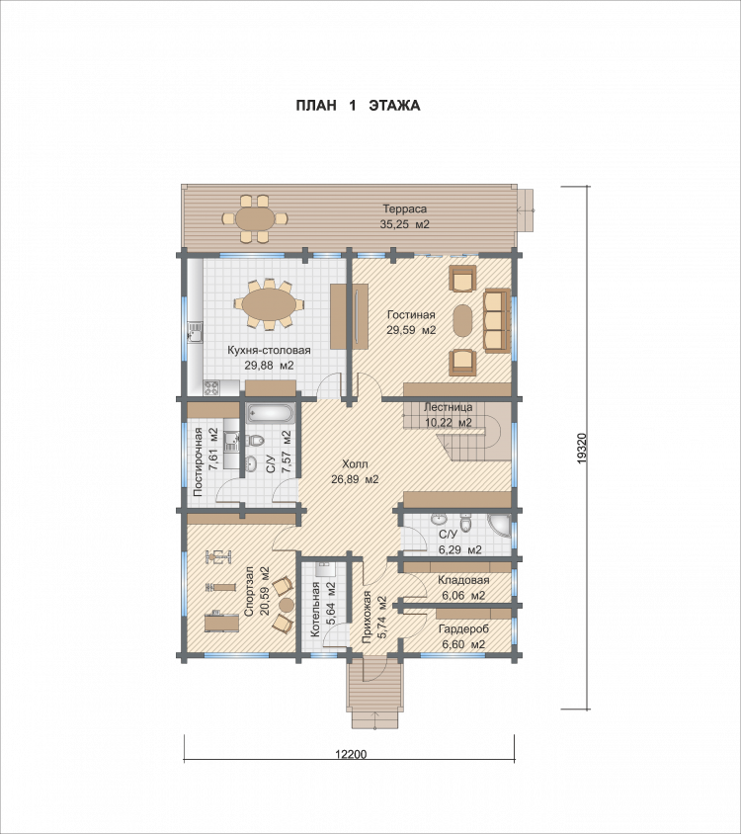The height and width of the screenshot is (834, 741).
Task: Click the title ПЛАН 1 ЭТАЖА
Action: [x=358, y=106]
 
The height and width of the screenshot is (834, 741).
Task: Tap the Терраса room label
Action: [x=405, y=209]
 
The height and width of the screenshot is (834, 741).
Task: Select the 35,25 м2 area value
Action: [x=404, y=224]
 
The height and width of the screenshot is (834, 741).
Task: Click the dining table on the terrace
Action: [x=255, y=218]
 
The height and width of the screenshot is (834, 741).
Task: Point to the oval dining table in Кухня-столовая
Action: [x=269, y=303]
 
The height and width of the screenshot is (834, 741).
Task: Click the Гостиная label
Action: [x=411, y=315]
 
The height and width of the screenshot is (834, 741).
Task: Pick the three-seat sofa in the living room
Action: [x=497, y=321]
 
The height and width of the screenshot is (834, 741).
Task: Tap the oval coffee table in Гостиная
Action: [x=461, y=320]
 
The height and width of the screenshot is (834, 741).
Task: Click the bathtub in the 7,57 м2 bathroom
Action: [x=271, y=413]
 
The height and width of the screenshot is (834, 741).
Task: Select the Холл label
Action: [x=355, y=463]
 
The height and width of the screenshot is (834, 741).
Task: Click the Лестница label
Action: [x=448, y=408]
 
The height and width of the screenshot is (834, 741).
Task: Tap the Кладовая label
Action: [x=463, y=580]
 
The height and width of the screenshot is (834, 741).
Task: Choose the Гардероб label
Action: [x=463, y=629]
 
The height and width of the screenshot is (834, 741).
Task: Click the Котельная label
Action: [x=315, y=609]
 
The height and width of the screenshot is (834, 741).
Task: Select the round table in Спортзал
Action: [x=287, y=605]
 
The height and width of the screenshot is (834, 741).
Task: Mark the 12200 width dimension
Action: [x=351, y=754]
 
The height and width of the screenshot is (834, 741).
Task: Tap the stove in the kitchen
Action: [x=211, y=387]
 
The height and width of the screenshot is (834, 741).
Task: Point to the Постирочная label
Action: [x=198, y=461]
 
